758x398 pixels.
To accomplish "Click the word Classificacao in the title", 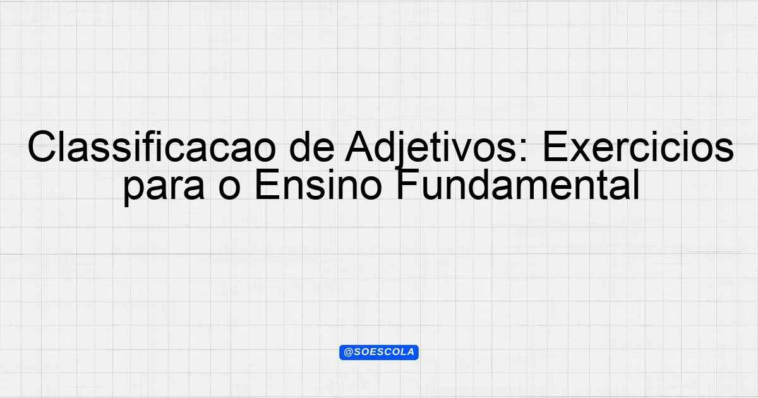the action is tap(151, 147).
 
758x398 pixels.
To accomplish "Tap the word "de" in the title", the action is tap(311, 147).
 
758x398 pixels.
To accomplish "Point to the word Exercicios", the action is tap(638, 147).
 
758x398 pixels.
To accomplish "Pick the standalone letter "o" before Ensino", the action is tap(229, 188).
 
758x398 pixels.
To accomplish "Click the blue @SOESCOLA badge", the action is tap(379, 353).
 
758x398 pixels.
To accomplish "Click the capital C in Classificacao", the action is tap(42, 147).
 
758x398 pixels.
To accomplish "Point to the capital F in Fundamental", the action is tap(407, 184).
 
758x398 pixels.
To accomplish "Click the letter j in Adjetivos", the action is tap(402, 150).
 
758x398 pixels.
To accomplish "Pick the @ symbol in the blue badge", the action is tap(348, 353).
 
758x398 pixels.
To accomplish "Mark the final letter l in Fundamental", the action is tap(636, 184).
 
